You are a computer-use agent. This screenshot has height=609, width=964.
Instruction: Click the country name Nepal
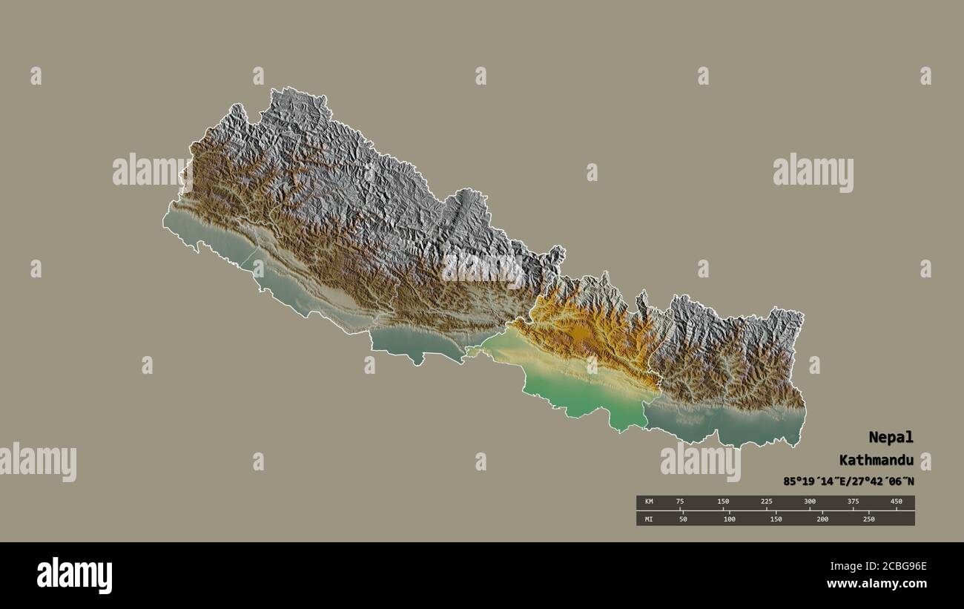(892, 437)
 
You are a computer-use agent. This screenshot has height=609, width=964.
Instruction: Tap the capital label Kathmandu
(876, 460)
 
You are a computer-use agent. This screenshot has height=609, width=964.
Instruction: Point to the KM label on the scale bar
(649, 502)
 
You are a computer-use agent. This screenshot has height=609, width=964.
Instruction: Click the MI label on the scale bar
(649, 519)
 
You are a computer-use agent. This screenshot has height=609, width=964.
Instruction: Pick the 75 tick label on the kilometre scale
(680, 502)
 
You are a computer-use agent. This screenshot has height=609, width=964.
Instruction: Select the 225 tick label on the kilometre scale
(767, 502)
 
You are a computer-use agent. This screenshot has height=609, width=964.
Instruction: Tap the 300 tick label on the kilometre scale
(810, 502)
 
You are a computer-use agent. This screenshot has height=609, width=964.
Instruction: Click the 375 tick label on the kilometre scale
(854, 502)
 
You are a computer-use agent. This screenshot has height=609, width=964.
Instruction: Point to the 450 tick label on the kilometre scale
(897, 502)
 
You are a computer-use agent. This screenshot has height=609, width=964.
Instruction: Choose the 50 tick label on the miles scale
(683, 519)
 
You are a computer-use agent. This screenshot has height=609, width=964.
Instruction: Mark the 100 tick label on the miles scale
(730, 519)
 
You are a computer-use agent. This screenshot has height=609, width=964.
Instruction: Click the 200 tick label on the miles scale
(822, 519)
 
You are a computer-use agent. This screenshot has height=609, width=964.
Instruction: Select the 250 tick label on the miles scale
(868, 519)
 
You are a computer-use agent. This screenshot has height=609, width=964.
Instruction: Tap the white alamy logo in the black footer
(74, 576)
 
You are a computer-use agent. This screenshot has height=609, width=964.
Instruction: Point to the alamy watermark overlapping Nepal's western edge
(152, 170)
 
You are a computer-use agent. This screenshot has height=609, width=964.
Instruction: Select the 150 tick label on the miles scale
(776, 519)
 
